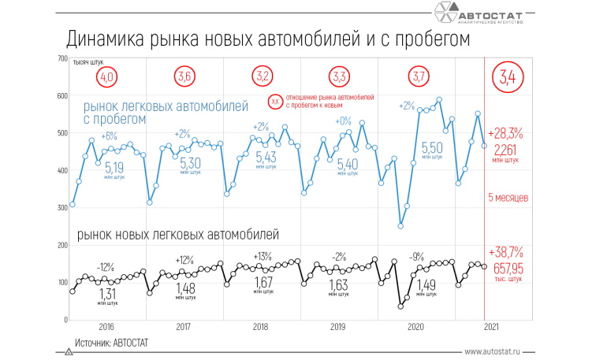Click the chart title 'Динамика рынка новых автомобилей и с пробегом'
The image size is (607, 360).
tap(267, 39)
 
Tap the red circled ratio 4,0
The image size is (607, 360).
tap(107, 77)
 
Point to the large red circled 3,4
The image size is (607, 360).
tap(505, 77)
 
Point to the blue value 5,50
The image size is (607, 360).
tap(431, 148)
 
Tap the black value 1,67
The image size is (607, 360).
tap(263, 283)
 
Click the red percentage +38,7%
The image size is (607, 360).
tap(505, 253)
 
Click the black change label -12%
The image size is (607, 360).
tap(106, 266)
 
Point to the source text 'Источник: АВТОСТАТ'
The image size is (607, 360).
tap(111, 343)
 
